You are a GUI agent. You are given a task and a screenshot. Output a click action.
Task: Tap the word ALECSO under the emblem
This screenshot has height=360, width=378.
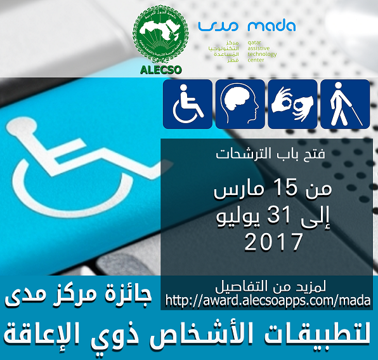click(159, 70)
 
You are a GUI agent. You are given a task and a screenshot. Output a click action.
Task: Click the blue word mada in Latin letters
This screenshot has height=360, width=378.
click(271, 26)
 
